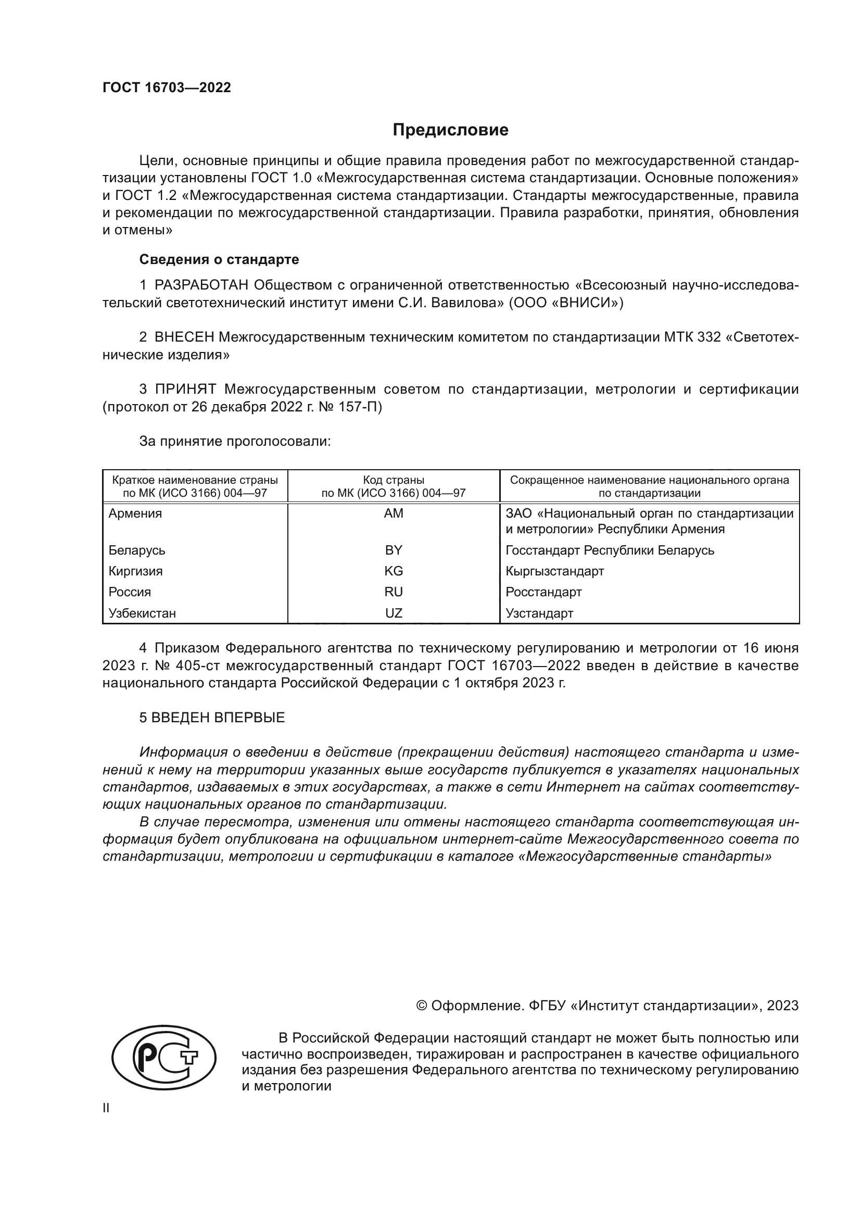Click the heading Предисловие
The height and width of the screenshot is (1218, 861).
(450, 130)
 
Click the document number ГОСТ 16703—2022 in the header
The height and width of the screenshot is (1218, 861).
(167, 87)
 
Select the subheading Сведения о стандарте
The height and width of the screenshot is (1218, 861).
(219, 259)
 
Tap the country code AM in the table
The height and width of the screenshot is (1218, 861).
(394, 513)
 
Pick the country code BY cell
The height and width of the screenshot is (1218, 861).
(394, 550)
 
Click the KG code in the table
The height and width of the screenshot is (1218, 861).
(394, 571)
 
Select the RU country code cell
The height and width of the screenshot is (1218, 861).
(394, 592)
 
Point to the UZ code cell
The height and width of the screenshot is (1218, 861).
(394, 613)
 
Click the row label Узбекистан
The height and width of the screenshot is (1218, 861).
(142, 613)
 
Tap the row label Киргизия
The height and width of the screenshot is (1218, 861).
(136, 571)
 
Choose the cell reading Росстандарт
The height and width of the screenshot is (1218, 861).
(543, 592)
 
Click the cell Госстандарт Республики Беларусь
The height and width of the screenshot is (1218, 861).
(610, 550)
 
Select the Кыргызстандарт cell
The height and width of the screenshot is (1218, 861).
(554, 571)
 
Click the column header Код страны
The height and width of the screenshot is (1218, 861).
(394, 480)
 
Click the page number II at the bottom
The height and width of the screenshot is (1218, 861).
(106, 1108)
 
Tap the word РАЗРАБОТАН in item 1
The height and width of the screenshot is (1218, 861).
(201, 285)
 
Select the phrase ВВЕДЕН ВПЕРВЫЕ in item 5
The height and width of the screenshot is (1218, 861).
(218, 718)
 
